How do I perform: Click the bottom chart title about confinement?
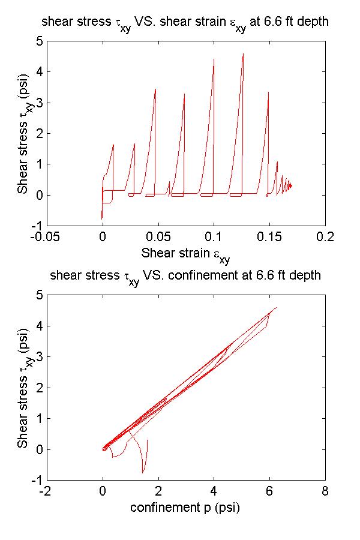coord(185,277)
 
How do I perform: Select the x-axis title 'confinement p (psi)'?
coord(185,508)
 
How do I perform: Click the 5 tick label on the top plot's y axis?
coord(38,41)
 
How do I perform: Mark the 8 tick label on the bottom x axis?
coord(325,491)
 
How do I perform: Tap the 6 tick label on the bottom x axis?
coord(269,491)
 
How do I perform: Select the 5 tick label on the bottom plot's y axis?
coord(38,295)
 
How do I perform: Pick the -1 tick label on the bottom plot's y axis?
coord(36,480)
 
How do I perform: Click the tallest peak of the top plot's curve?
coord(243,53)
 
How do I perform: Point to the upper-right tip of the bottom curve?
coord(276,308)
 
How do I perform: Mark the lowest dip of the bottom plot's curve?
coord(142,473)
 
